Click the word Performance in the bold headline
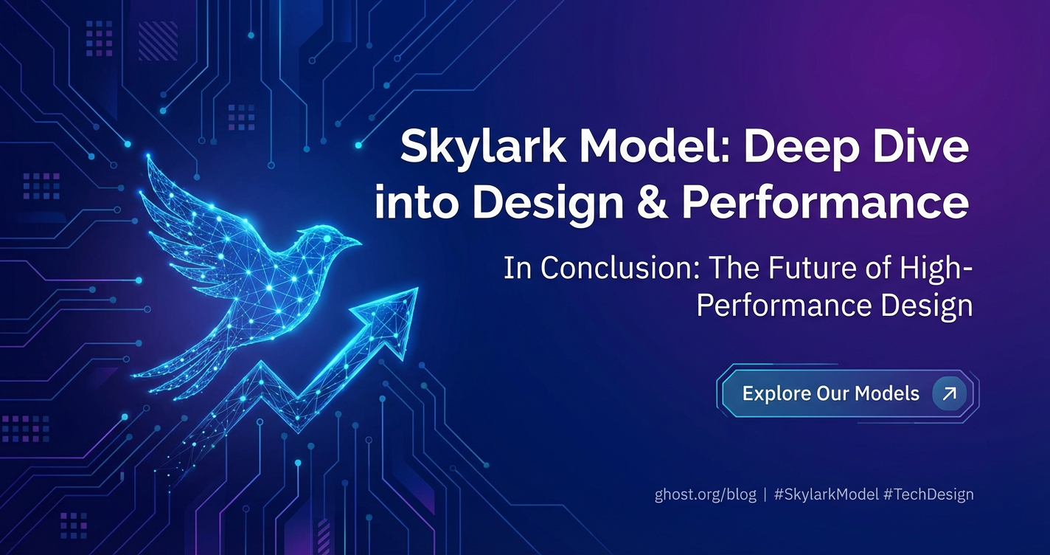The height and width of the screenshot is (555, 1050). (825, 201)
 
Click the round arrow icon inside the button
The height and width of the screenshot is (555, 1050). (948, 393)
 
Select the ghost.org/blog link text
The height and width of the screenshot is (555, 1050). (705, 494)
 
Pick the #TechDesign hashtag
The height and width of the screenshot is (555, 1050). (928, 494)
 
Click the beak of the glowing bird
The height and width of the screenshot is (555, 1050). (355, 242)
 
